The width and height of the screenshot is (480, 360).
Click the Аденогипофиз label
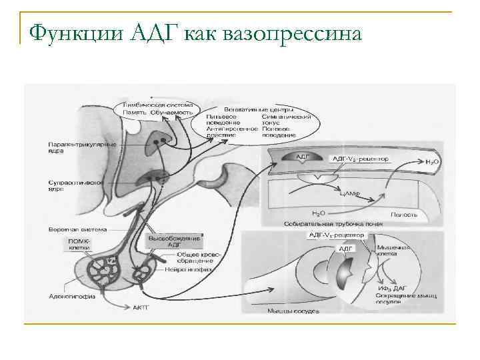71,297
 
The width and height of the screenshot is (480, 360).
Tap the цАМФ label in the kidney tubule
349,193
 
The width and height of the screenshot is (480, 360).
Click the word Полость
404,214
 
